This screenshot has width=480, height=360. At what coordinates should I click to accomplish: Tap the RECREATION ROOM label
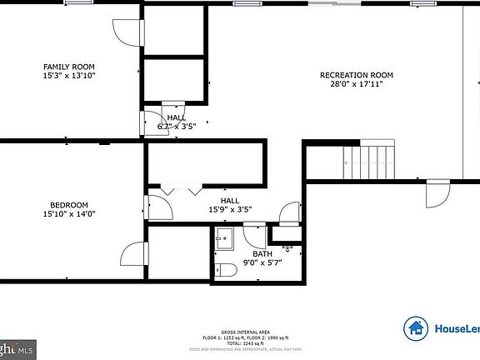coord(357,75)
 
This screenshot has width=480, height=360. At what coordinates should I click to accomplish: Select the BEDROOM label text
coord(68,205)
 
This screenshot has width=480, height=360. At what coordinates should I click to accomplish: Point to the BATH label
coord(262,253)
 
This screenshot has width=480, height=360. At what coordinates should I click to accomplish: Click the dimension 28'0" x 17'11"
coord(357,84)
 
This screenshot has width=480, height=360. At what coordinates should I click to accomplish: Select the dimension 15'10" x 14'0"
coord(68,214)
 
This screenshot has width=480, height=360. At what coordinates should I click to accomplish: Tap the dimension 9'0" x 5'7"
coord(262,262)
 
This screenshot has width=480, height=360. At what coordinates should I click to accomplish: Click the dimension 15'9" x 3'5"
coord(229,210)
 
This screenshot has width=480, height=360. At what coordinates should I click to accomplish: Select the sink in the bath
coord(222,242)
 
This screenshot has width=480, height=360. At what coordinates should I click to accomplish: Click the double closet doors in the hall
coord(182,190)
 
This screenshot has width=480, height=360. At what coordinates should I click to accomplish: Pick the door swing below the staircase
coord(437,195)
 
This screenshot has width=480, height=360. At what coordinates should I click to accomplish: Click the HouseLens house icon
coord(416,328)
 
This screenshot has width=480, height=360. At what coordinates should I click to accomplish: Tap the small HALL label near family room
coord(176,117)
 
